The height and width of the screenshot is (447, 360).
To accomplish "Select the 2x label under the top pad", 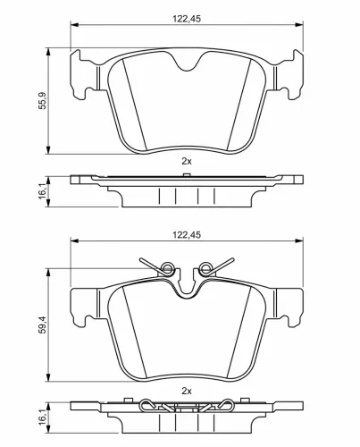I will pos(186,160).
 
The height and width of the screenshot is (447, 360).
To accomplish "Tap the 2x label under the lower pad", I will pos(186,391).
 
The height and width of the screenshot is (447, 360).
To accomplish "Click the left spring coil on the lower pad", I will pos(163,265).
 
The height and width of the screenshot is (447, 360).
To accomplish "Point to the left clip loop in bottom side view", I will pos(155,408).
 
